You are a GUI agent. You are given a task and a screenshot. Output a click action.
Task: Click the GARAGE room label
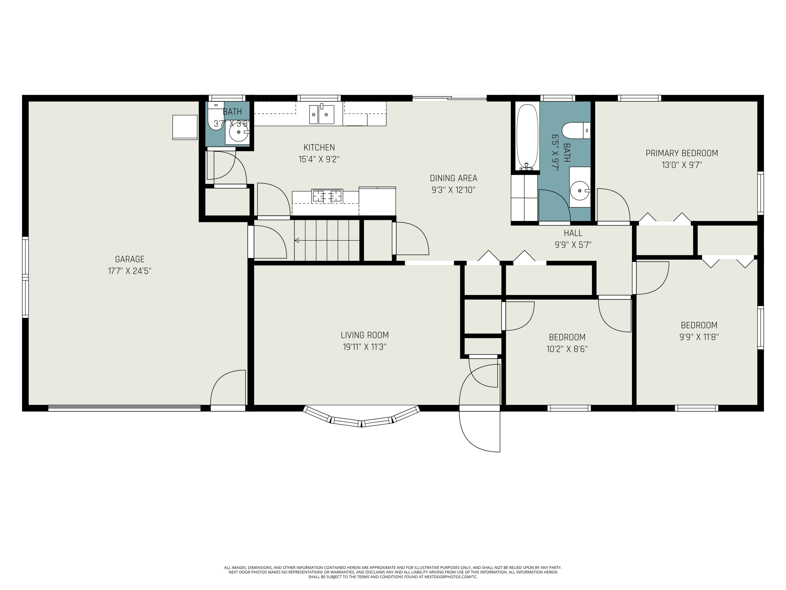click(130, 259)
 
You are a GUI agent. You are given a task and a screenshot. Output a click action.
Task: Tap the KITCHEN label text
click(319, 147)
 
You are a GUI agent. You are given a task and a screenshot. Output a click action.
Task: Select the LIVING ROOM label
click(365, 335)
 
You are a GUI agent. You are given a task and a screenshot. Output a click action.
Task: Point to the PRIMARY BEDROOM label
click(681, 153)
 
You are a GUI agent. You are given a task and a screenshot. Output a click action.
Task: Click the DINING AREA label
click(454, 178)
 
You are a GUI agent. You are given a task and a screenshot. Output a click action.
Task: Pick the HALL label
click(573, 233)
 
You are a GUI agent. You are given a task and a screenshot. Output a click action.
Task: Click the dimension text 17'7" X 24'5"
click(130, 271)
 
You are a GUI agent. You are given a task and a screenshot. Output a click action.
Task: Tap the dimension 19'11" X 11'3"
click(365, 347)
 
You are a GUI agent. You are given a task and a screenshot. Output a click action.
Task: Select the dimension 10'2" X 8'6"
click(567, 349)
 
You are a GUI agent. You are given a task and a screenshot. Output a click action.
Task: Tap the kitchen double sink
click(321, 114)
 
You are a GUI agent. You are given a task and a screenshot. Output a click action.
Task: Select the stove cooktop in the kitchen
click(327, 196)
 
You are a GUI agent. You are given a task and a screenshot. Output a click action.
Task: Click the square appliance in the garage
click(185, 127)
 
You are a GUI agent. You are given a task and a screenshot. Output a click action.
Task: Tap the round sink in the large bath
click(580, 191)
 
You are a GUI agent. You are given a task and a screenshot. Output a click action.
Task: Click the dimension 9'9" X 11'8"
click(699, 337)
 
